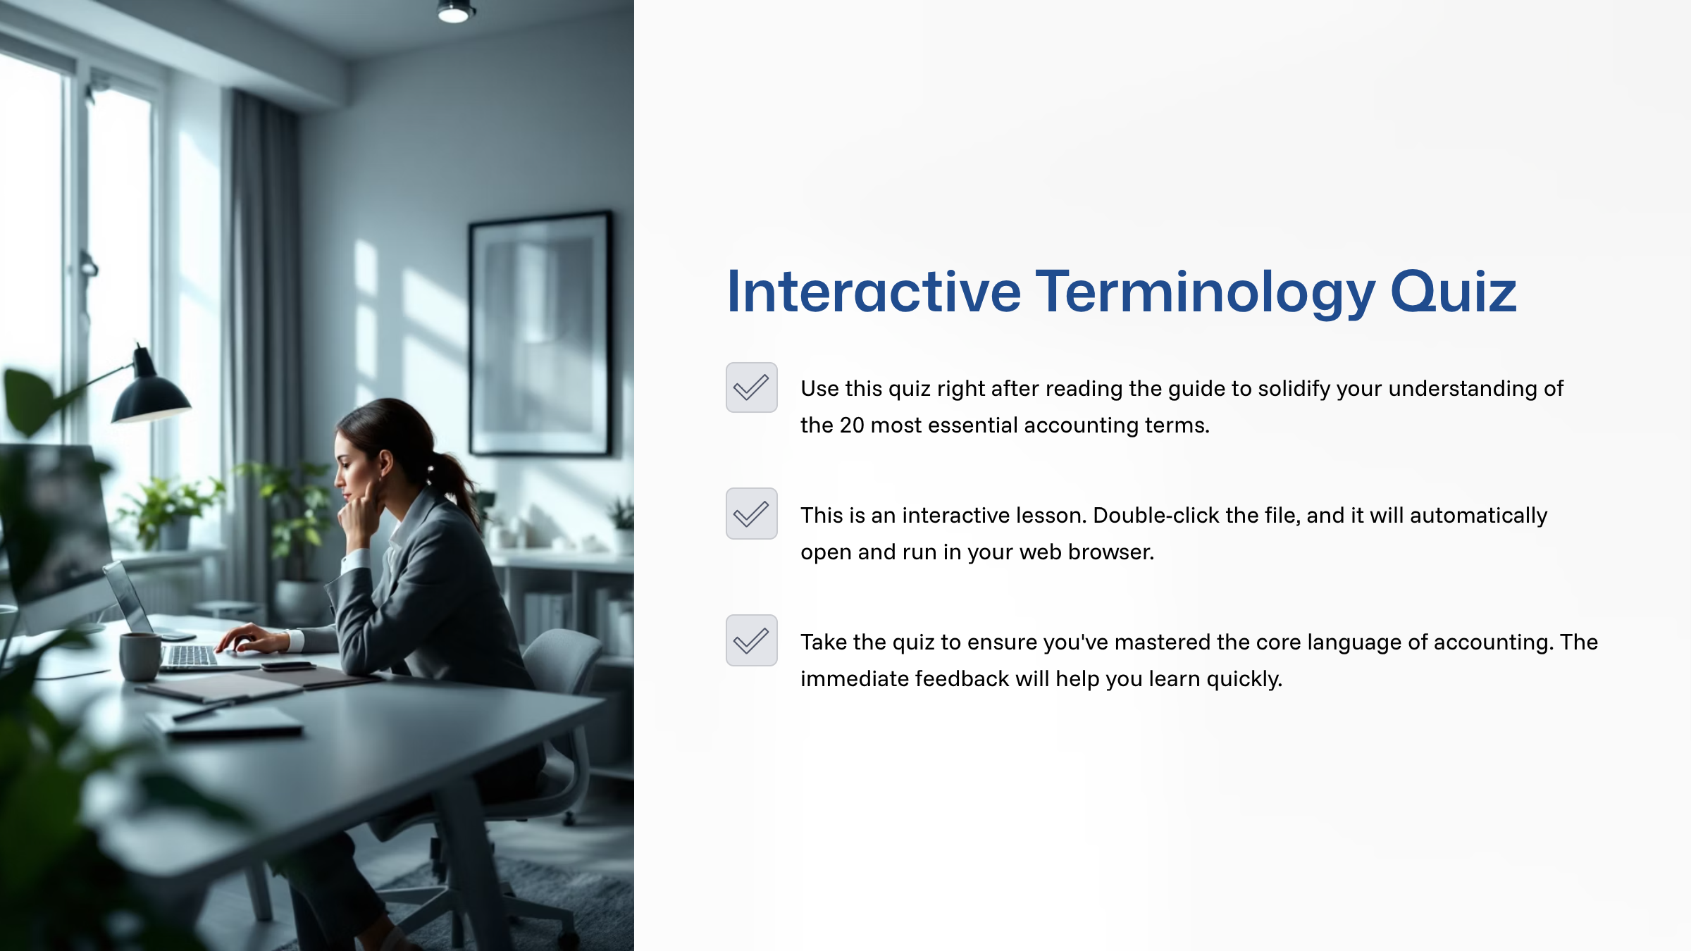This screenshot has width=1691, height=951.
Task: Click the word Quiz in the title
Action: click(x=1453, y=292)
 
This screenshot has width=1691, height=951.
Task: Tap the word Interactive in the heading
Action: click(x=873, y=292)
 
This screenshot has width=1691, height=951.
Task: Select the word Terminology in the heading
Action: click(x=1204, y=292)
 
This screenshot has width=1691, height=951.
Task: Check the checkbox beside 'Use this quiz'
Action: click(x=751, y=387)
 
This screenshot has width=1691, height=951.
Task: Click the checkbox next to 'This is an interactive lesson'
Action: click(x=751, y=514)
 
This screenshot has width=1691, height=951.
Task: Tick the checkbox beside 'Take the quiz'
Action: click(x=751, y=640)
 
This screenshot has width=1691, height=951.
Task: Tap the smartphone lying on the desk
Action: click(x=287, y=666)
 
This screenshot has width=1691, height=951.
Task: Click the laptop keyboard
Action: click(x=190, y=656)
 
